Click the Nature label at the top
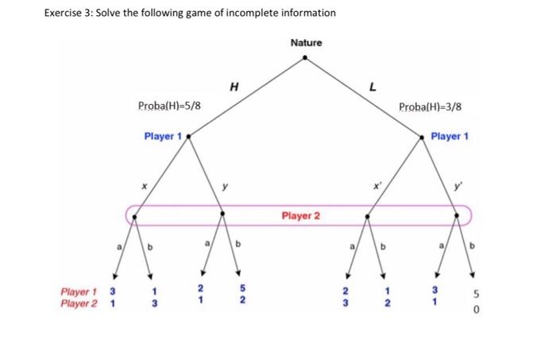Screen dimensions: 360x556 tap(306, 42)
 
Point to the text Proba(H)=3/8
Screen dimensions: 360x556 tap(430, 106)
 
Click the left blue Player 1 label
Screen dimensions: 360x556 tap(162, 137)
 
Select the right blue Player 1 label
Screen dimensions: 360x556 tap(450, 137)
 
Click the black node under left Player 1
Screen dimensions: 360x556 tap(187, 137)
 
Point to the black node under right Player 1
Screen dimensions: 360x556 tap(423, 137)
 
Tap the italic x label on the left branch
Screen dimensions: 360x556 tap(145, 184)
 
